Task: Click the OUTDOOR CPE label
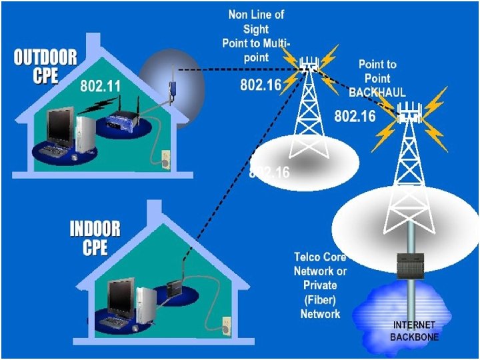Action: [x=45, y=66]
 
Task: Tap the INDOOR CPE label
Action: [x=95, y=239]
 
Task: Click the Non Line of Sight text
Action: [x=255, y=35]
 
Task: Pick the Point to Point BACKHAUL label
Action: [x=377, y=78]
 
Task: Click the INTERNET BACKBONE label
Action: [x=414, y=331]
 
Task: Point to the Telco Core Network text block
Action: [x=320, y=285]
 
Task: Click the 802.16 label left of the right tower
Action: [x=355, y=116]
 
